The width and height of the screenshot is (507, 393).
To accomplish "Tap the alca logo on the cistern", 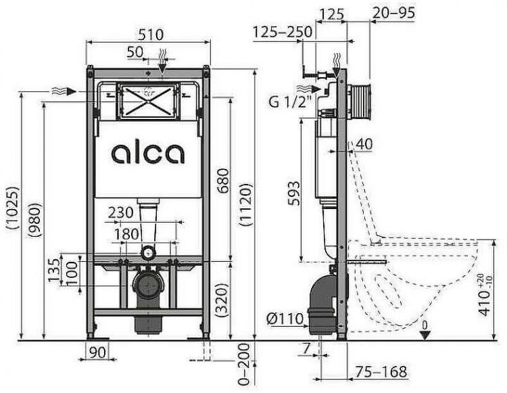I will pyautogui.click(x=147, y=152).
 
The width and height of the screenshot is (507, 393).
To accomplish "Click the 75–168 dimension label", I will pyautogui.click(x=382, y=371).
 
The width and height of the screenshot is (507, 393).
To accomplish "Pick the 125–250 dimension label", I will pyautogui.click(x=283, y=31).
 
